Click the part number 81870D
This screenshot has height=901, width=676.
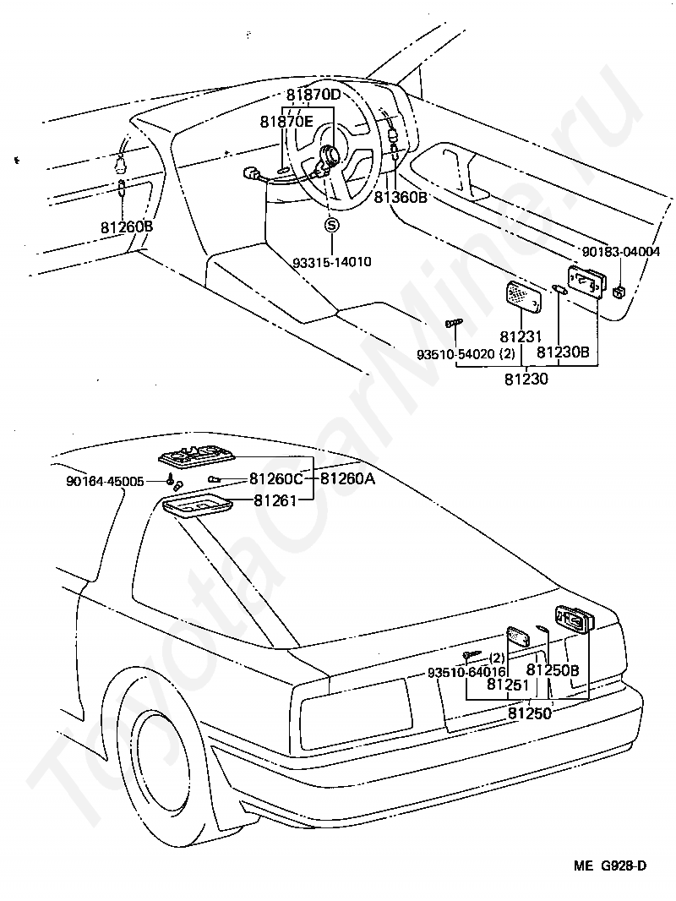coord(313,95)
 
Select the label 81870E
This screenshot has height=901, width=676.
coord(286,122)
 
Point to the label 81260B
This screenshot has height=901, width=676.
coord(126,227)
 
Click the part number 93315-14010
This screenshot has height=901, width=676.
coord(331,261)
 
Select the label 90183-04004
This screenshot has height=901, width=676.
coord(621,251)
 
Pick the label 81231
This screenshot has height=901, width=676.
coord(520,336)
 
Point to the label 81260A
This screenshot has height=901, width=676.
coord(347,478)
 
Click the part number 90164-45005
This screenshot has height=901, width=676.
coord(105,481)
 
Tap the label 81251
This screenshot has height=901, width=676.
coord(508,685)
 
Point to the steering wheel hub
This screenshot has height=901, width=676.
coord(330,156)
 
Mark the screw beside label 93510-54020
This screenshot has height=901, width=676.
coord(453,324)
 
